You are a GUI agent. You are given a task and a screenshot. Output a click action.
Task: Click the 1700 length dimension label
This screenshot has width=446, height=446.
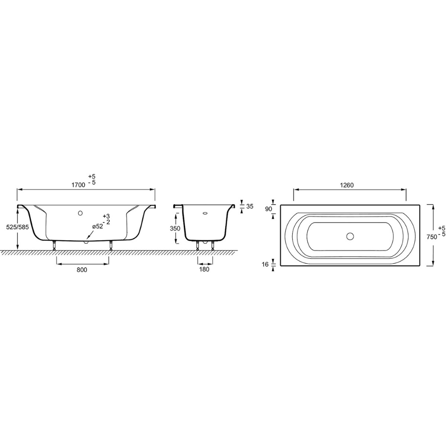point(78,185)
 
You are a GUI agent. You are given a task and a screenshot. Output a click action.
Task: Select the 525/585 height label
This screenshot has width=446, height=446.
point(17,227)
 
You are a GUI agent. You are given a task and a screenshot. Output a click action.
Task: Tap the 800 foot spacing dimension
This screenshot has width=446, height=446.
point(82,270)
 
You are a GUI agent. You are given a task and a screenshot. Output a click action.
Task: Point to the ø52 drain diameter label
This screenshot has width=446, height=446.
point(97,227)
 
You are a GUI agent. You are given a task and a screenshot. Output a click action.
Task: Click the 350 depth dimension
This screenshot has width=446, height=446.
point(175,228)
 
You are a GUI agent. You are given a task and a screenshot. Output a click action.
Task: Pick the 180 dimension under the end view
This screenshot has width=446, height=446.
point(204,269)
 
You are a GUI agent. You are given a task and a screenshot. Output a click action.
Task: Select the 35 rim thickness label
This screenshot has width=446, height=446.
point(249,206)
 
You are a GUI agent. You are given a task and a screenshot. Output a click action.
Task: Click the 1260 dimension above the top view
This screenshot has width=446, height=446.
point(347,185)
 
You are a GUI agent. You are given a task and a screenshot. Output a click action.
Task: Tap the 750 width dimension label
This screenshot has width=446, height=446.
point(432,237)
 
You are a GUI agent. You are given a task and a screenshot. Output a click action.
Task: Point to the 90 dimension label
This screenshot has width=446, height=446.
point(268,209)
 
